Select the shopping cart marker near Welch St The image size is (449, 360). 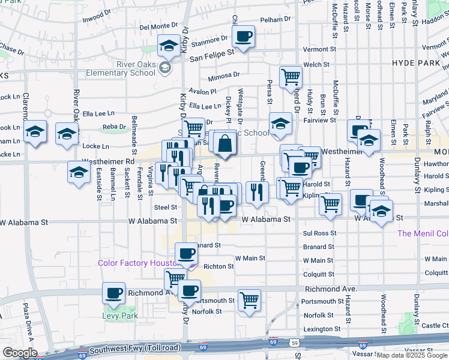[x=291, y=76]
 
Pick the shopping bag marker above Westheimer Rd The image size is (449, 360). [x=224, y=143]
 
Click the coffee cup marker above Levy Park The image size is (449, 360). [x=113, y=293]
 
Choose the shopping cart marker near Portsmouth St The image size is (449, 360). [x=249, y=300]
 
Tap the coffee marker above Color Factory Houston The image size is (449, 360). [x=186, y=253]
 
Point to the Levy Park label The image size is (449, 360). [x=120, y=316]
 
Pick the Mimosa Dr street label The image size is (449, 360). [x=223, y=77]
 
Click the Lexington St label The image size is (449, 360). [x=322, y=329]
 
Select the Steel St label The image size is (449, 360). [x=165, y=207]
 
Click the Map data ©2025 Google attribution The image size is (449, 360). [x=412, y=355]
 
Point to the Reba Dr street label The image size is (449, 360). [x=113, y=127]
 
